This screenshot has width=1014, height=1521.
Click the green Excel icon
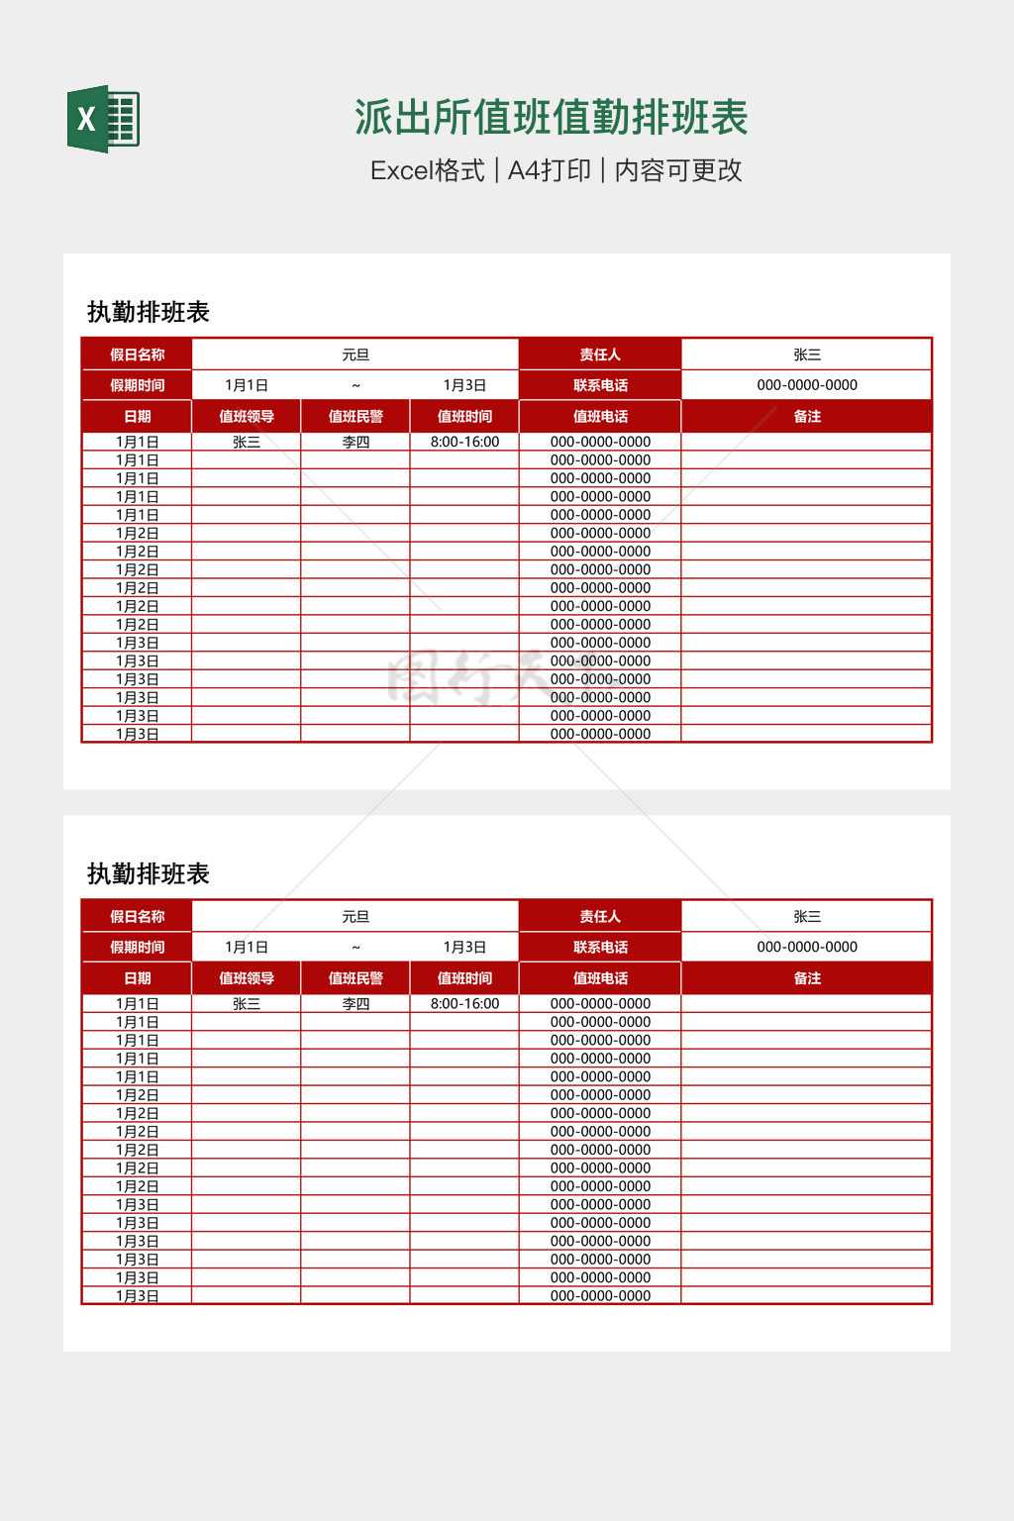pos(103,119)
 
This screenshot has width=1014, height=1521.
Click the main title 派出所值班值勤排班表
pos(551,118)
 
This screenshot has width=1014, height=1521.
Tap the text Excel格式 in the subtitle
pos(427,170)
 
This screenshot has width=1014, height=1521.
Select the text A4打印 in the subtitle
pos(549,170)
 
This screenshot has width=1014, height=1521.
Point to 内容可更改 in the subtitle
pos(678,170)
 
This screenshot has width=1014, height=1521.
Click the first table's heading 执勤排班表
pos(149,312)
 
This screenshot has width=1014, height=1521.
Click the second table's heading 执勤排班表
pos(149,873)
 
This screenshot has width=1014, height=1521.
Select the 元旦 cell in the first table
pos(355,355)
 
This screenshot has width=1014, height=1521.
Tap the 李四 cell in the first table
pos(355,443)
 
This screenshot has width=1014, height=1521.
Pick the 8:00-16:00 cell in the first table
pos(464,443)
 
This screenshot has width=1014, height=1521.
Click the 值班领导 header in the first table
pos(247,417)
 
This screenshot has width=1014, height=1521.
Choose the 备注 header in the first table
pos(807,417)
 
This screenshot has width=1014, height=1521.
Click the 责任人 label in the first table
pos(600,355)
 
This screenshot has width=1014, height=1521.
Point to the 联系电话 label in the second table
pos(600,948)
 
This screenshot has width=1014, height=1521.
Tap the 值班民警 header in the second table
pos(355,978)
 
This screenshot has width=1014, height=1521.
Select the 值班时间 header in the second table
pos(464,978)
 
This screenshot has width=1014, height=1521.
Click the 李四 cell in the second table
pos(355,1004)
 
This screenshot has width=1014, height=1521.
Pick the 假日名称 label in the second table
pos(138,917)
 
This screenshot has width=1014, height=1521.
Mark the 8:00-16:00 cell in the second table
pos(464,1004)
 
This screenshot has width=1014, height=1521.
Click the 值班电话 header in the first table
pos(600,417)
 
